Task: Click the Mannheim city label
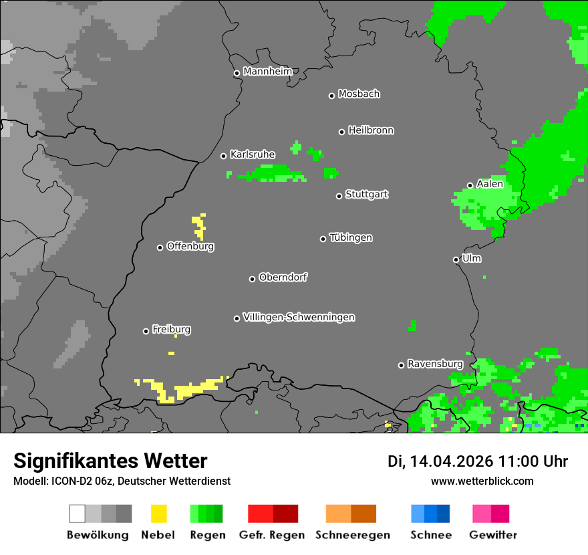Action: click(x=268, y=72)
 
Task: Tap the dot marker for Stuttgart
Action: click(x=339, y=196)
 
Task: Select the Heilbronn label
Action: click(x=371, y=130)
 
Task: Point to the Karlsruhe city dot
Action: click(x=224, y=156)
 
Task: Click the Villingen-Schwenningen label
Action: click(x=299, y=317)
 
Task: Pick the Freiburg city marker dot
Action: click(x=146, y=331)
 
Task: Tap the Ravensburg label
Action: click(x=435, y=364)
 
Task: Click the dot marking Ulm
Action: click(x=456, y=259)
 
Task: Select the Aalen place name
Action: click(x=490, y=184)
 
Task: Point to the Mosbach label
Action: click(x=359, y=94)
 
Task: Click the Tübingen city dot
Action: click(x=323, y=239)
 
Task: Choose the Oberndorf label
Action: click(x=283, y=277)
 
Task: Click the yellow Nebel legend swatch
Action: click(x=158, y=514)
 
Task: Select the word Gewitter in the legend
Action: click(x=493, y=535)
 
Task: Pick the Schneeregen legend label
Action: click(x=352, y=535)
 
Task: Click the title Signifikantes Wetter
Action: click(x=110, y=461)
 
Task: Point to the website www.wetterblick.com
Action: click(x=482, y=481)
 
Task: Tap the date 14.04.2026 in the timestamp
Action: click(x=451, y=461)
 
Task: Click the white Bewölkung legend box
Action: click(x=78, y=514)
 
